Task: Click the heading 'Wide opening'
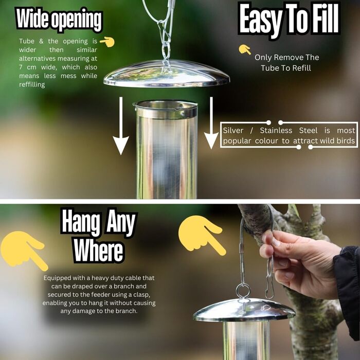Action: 59,20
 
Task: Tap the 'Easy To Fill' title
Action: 289,20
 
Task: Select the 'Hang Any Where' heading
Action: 99,236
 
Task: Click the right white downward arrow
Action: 211,123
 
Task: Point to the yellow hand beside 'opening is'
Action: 107,42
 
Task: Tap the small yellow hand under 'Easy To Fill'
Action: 245,49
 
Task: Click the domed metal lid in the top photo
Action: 167,74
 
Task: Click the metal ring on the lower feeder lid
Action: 243,291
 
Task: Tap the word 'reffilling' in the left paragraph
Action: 32,85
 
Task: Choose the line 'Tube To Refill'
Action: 286,68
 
